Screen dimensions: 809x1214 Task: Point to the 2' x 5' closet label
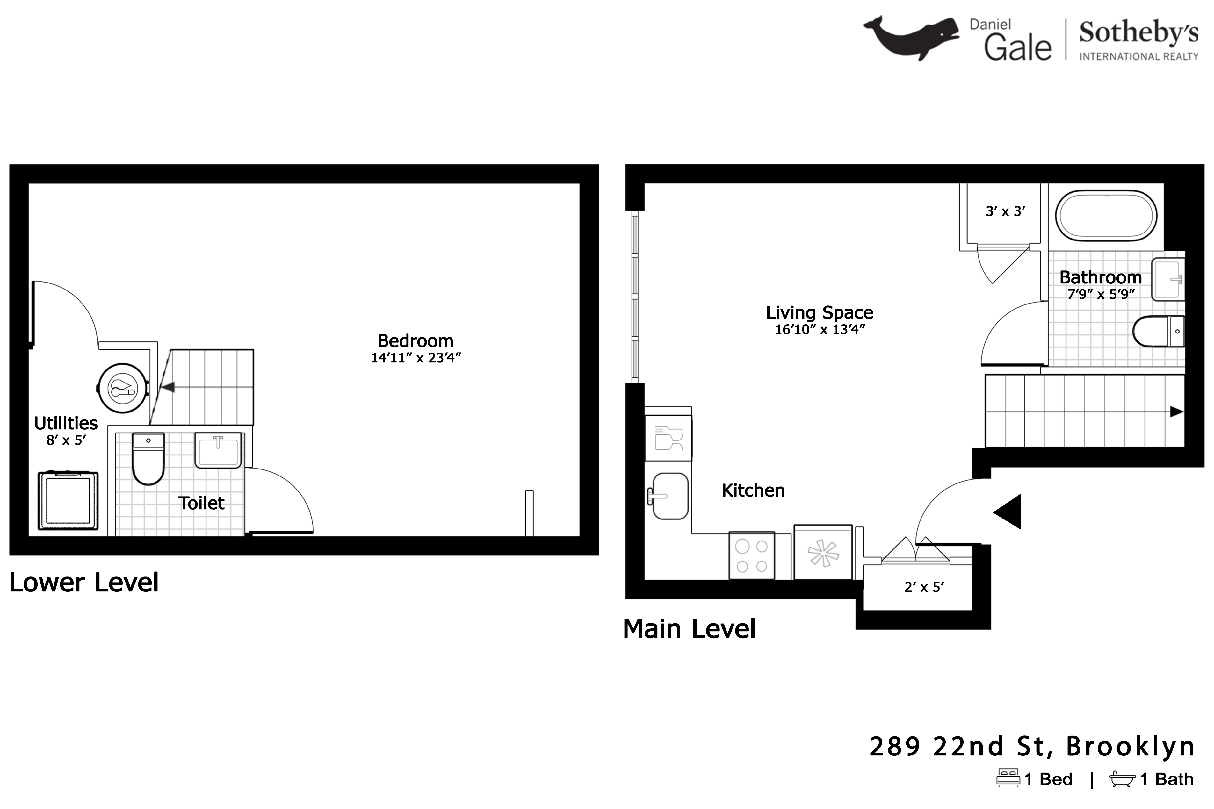point(924,587)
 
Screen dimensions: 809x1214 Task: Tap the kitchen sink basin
point(670,496)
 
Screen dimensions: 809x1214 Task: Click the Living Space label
point(819,313)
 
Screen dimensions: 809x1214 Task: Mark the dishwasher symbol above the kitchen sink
point(668,439)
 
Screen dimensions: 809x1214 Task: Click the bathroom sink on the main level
point(1167,279)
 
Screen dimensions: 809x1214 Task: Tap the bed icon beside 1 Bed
point(1008,778)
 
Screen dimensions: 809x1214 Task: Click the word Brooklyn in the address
point(1131,747)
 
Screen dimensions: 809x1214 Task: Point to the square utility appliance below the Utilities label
point(68,500)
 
